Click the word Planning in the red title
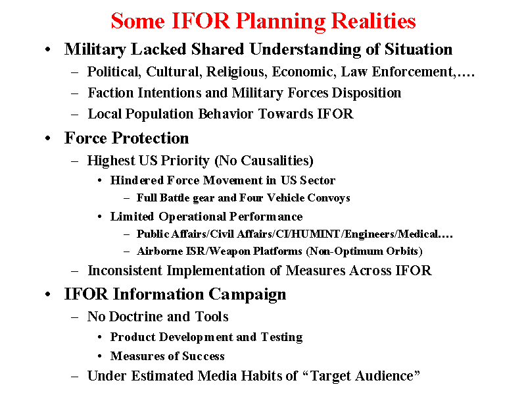click(281, 22)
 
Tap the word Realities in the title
click(373, 21)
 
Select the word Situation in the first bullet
click(418, 49)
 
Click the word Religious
click(237, 72)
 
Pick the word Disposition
click(366, 93)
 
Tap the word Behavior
click(226, 114)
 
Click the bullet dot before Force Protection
click(48, 138)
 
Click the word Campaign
click(247, 295)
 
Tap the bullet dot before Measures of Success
click(100, 356)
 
